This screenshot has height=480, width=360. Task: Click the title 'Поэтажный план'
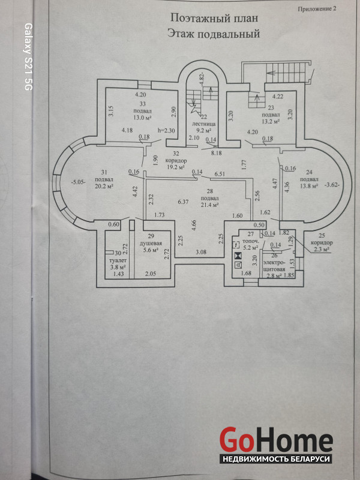click(206, 19)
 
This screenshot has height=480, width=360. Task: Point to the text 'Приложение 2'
click(318, 9)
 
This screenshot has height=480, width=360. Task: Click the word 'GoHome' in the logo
click(275, 440)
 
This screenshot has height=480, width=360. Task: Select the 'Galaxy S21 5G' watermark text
click(27, 57)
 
